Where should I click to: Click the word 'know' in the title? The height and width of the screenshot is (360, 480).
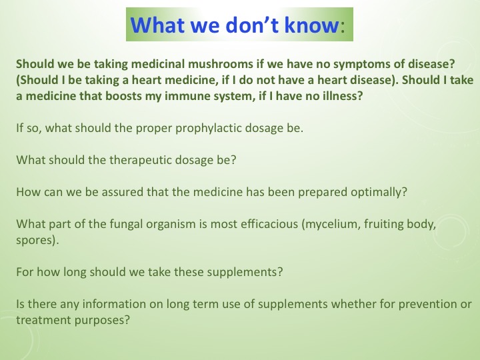tap(305, 25)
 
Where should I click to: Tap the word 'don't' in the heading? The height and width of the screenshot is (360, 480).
tap(243, 25)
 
